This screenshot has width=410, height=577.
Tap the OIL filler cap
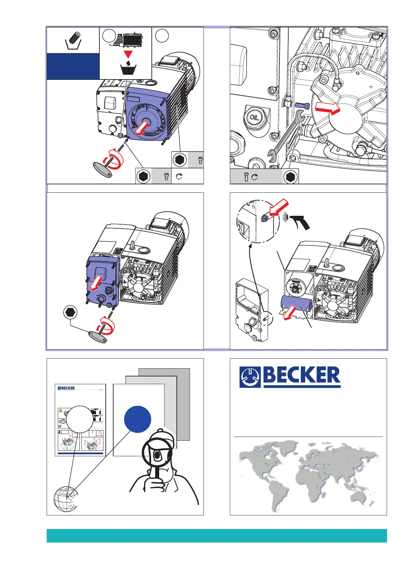(254, 117)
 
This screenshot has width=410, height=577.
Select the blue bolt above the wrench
(302, 106)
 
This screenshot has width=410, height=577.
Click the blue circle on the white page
(137, 419)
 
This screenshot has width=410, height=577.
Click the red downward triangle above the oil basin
(127, 54)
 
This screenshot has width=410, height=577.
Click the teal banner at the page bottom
(216, 536)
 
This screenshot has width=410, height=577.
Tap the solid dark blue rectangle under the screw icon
(73, 66)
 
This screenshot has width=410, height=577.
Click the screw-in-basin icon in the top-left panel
(73, 40)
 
